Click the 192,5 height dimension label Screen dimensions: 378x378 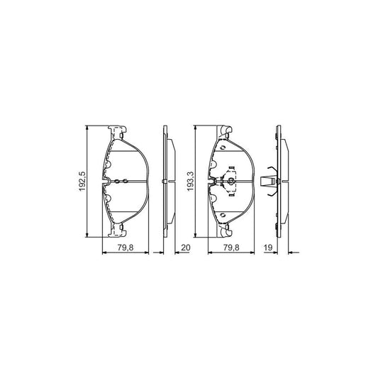(x=82, y=182)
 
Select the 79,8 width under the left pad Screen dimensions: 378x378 (x=126, y=248)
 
